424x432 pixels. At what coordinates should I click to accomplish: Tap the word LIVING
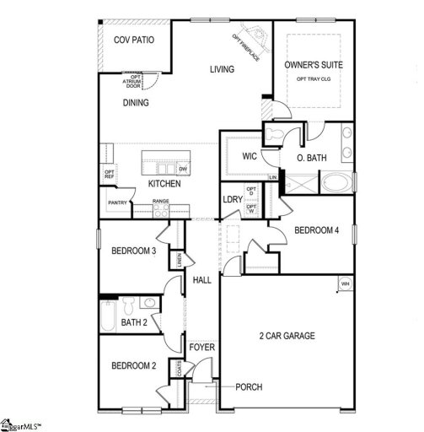(222, 69)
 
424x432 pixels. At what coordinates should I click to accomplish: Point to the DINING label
(135, 103)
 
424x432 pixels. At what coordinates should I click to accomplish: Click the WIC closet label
(250, 156)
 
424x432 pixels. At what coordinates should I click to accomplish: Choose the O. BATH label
(313, 158)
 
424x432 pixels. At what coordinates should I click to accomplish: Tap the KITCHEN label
(165, 183)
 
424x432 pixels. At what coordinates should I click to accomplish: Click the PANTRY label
(118, 202)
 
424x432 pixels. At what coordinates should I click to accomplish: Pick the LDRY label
(233, 199)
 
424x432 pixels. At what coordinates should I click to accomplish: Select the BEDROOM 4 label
(316, 230)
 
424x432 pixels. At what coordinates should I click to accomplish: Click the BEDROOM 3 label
(134, 249)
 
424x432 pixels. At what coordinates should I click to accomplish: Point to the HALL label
(202, 280)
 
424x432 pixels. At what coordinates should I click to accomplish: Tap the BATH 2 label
(134, 321)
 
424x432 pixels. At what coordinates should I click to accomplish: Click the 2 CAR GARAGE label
(287, 336)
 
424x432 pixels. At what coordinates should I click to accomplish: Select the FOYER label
(202, 347)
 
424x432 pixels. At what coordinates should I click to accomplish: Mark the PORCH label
(249, 387)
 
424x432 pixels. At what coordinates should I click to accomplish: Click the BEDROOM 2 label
(133, 365)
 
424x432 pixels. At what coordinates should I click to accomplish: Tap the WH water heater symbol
(344, 283)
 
